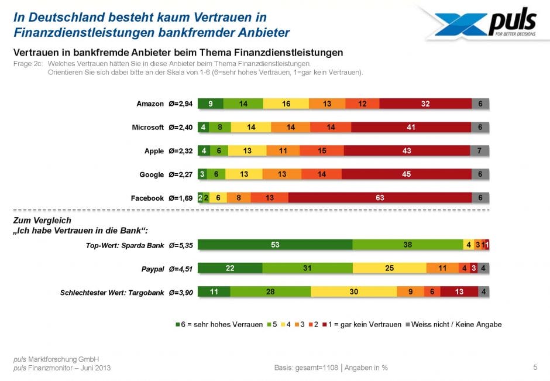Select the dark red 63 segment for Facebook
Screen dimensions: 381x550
coord(380,198)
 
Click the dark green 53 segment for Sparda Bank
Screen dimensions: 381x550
coord(275,245)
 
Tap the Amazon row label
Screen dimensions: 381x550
coord(150,104)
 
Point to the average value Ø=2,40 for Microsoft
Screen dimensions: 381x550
coord(180,127)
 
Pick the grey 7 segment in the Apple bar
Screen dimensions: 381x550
coord(480,150)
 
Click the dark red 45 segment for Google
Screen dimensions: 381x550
coord(406,174)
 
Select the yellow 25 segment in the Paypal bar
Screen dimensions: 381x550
coord(389,268)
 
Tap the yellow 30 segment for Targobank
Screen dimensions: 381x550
coord(353,291)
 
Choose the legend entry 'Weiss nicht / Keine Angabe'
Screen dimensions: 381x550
coord(457,324)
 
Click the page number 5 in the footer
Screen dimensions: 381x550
coord(535,368)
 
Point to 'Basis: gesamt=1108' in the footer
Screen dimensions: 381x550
coord(305,368)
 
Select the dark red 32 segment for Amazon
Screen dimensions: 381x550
coord(425,104)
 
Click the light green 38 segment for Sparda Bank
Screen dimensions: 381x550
coord(407,245)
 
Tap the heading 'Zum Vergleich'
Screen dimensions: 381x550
coord(42,220)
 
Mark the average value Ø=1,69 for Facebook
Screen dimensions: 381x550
coord(180,198)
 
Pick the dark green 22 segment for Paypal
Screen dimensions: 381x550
coord(230,268)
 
